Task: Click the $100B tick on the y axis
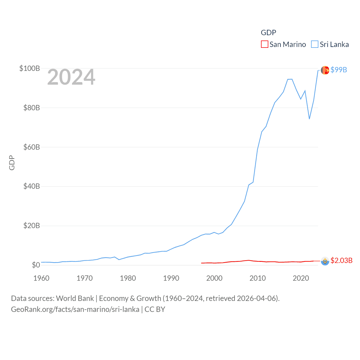pyautogui.click(x=30, y=68)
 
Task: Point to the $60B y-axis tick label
pyautogui.click(x=31, y=147)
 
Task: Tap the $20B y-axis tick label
pyautogui.click(x=31, y=226)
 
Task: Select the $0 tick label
pyautogui.click(x=36, y=265)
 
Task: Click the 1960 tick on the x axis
pyautogui.click(x=41, y=278)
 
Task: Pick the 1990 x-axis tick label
pyautogui.click(x=171, y=278)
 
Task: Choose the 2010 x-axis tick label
pyautogui.click(x=258, y=278)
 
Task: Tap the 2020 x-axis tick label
pyautogui.click(x=301, y=278)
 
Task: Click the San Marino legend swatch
pyautogui.click(x=264, y=44)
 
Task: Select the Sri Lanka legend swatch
pyautogui.click(x=314, y=44)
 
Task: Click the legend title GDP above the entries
pyautogui.click(x=268, y=33)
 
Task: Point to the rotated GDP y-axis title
pyautogui.click(x=12, y=163)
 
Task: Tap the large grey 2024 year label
pyautogui.click(x=71, y=77)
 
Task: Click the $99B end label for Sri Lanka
pyautogui.click(x=339, y=70)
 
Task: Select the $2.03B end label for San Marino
pyautogui.click(x=341, y=260)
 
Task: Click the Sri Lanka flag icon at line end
pyautogui.click(x=325, y=70)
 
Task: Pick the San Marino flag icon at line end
pyautogui.click(x=325, y=261)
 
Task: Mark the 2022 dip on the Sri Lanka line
pyautogui.click(x=309, y=119)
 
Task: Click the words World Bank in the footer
pyautogui.click(x=75, y=298)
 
